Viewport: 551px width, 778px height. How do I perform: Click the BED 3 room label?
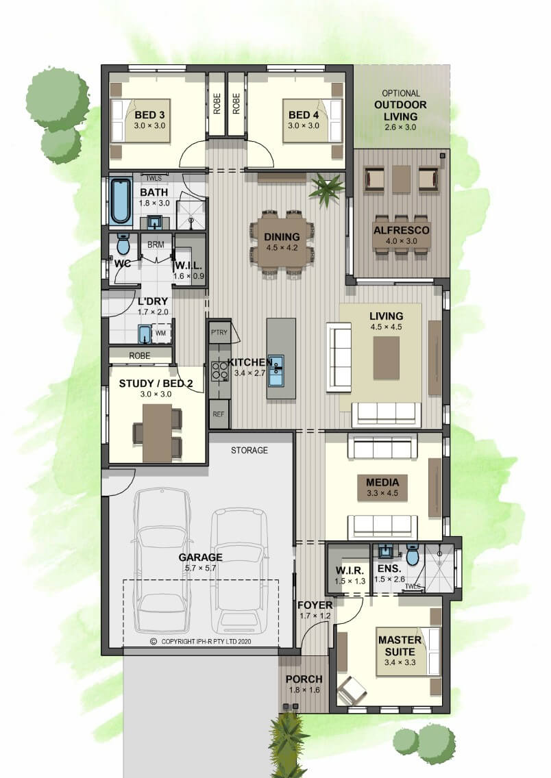[x=149, y=115]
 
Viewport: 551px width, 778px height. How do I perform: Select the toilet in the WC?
[x=123, y=244]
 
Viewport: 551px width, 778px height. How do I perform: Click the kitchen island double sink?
[x=276, y=370]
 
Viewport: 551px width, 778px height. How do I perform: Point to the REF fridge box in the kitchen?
[x=219, y=414]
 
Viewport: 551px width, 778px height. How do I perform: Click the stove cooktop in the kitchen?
[x=219, y=371]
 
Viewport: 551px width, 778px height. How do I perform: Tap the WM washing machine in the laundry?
[x=161, y=333]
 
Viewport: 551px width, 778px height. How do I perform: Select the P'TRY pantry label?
[x=219, y=332]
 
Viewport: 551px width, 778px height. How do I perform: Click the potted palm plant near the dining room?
[x=326, y=188]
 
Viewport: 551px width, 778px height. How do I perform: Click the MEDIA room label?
[x=382, y=482]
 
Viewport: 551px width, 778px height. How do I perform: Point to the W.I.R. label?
[x=350, y=570]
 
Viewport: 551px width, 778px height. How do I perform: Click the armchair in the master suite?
[x=352, y=690]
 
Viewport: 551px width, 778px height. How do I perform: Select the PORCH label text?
[x=304, y=679]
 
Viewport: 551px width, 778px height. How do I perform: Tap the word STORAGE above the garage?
[x=249, y=450]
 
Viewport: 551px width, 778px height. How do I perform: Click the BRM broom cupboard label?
[x=156, y=244]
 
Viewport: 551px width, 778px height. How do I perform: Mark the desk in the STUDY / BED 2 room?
[x=158, y=433]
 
